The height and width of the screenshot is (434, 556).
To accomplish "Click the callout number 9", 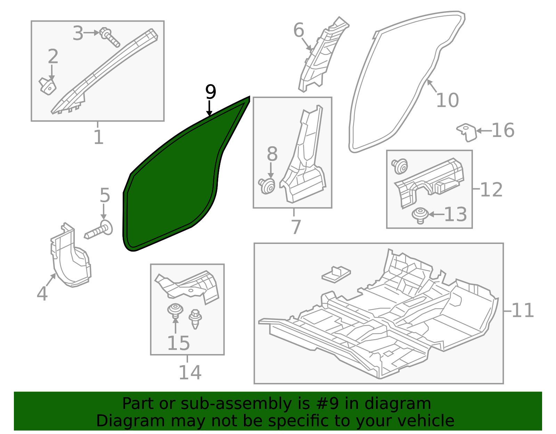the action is [x=211, y=92].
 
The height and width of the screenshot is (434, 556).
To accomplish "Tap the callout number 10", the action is [x=447, y=100].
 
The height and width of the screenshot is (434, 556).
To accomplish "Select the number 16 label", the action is [x=503, y=130].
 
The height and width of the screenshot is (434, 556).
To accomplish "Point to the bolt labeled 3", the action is [x=110, y=37].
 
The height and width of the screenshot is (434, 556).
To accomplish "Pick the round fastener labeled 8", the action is [x=267, y=186].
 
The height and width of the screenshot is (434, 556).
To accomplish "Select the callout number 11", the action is [x=523, y=311].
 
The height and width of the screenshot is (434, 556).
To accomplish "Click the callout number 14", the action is [x=190, y=372].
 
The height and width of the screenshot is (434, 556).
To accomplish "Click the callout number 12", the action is [x=491, y=190].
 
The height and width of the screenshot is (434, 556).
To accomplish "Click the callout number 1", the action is [x=99, y=137].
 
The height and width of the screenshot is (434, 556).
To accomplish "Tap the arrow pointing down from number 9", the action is [x=209, y=108].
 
